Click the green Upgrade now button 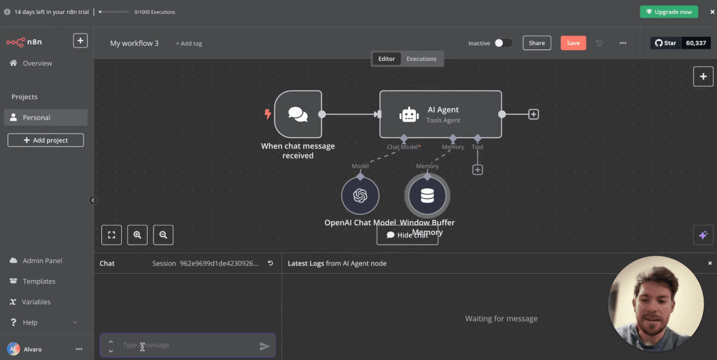(668, 12)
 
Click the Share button (536, 43)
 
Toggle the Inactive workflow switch (503, 43)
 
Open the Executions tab (421, 59)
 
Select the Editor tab (387, 59)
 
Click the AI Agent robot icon (409, 115)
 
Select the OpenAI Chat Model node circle (360, 195)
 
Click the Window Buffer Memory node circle (427, 195)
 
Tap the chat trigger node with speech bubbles (298, 114)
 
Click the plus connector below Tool (477, 170)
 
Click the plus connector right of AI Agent (534, 115)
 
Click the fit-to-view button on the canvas (112, 235)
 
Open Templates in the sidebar (39, 281)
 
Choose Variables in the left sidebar (36, 302)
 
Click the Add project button (46, 140)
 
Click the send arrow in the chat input (264, 346)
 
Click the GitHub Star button (666, 43)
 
